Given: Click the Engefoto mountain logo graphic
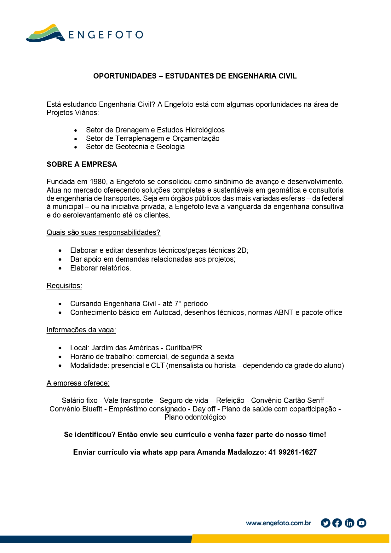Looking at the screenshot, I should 45,33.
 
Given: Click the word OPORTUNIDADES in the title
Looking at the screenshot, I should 125,76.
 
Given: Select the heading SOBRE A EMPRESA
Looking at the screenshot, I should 82,164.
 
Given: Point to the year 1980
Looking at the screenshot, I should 98,182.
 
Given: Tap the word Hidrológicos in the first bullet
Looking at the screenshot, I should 205,130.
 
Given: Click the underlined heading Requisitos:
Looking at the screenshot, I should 64,286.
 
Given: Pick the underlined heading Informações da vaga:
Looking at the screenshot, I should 81,330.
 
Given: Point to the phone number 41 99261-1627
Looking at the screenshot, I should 292,452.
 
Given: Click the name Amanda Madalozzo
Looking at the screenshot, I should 231,452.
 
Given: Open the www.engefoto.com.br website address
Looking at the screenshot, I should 278,523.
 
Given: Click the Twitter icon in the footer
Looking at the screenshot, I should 325,523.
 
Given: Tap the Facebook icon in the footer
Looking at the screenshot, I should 337,523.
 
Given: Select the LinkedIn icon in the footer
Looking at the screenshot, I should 349,523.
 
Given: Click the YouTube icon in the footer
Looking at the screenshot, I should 361,523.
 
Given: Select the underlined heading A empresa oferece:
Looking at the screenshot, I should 78,383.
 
